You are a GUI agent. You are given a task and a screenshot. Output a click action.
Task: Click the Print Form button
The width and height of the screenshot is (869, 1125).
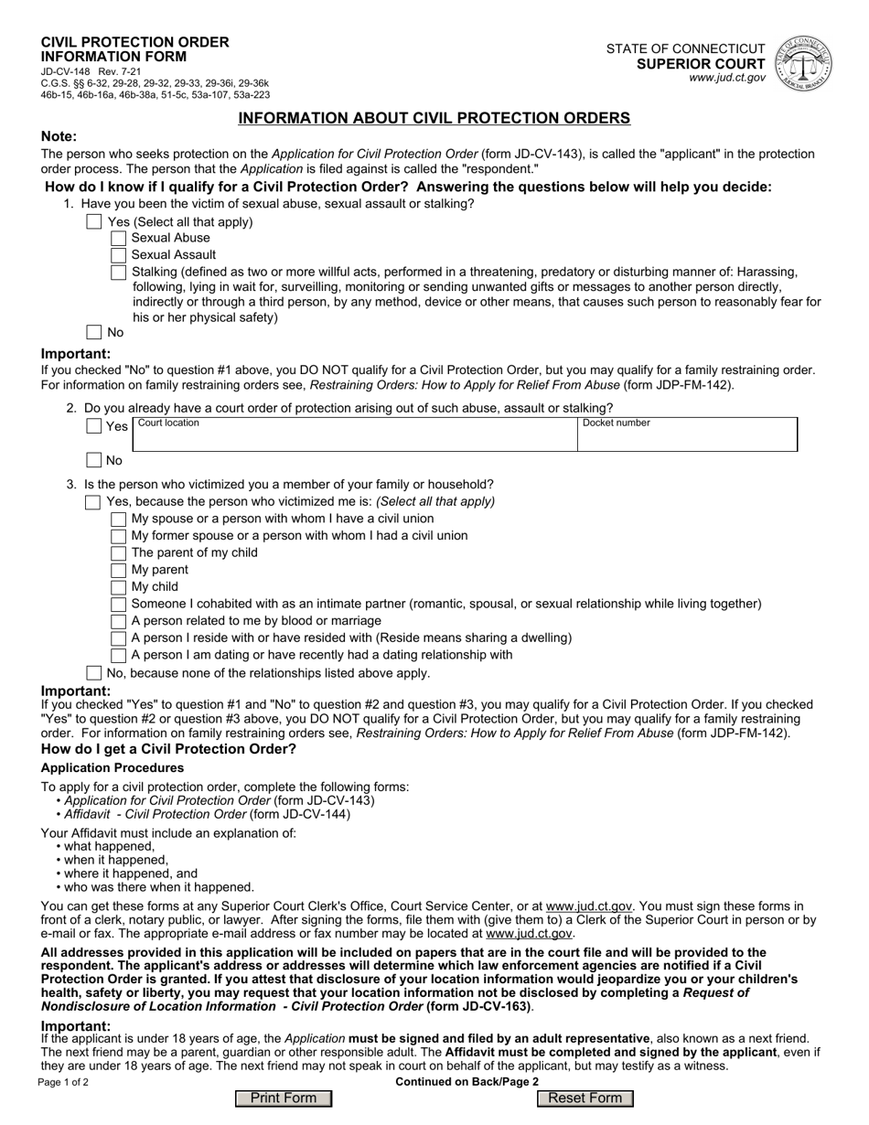[283, 1098]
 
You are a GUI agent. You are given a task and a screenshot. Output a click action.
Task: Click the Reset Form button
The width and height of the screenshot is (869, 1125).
[585, 1098]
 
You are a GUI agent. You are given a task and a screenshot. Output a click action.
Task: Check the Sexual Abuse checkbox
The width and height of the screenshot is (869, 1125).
[118, 239]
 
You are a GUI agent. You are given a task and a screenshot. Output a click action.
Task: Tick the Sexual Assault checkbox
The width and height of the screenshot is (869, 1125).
[118, 255]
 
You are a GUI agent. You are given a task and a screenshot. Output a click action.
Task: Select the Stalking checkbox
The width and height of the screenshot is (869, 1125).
[118, 273]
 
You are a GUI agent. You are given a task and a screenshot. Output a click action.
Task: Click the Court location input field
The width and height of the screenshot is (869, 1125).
[355, 437]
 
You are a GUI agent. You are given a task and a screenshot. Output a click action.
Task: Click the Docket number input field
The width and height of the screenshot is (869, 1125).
[687, 437]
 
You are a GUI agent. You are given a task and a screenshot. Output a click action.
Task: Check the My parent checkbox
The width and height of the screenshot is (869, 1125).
[118, 571]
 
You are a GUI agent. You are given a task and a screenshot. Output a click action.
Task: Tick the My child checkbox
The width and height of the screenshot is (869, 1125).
[118, 587]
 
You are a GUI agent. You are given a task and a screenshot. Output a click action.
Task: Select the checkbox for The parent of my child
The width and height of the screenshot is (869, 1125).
[118, 553]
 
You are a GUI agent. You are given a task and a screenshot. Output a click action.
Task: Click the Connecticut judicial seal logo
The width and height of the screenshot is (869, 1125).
[803, 62]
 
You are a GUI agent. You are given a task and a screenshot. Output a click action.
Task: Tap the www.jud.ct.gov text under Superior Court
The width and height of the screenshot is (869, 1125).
[728, 79]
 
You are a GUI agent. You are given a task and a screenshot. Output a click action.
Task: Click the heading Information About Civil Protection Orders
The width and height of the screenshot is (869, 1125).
[434, 118]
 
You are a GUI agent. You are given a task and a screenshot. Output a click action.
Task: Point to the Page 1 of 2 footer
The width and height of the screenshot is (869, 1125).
[64, 1082]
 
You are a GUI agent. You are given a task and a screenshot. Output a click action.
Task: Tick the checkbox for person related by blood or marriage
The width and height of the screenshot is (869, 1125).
[118, 621]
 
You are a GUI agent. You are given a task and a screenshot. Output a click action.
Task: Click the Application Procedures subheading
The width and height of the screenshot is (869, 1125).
[112, 767]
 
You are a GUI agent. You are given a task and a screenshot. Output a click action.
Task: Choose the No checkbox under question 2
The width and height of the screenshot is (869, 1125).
[94, 461]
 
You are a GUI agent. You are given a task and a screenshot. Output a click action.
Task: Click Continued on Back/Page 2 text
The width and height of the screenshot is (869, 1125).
[467, 1082]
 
